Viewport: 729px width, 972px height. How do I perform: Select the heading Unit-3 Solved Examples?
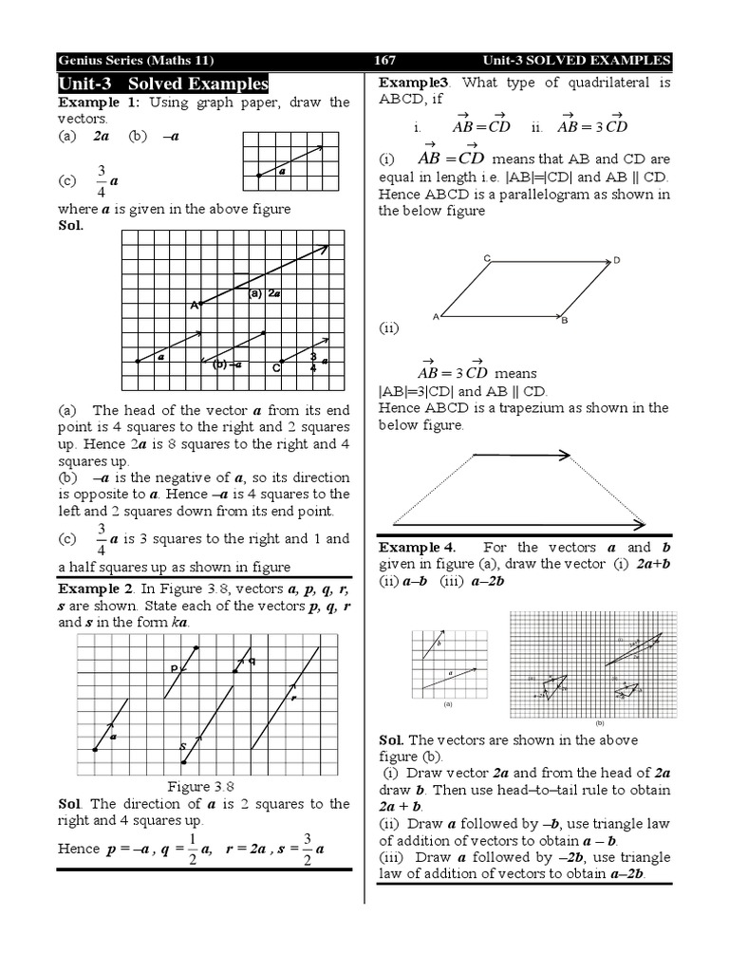[163, 84]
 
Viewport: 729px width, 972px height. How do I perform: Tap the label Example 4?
[417, 548]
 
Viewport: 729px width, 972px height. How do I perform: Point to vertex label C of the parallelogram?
[486, 258]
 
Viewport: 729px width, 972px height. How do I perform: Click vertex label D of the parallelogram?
[617, 260]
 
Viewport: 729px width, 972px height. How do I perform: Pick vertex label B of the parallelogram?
[564, 321]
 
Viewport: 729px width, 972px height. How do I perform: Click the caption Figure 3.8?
[200, 786]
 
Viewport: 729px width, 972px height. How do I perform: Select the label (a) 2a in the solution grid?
[265, 294]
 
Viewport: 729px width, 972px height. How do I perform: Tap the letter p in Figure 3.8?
[175, 668]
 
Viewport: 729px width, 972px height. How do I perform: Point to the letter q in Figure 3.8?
[252, 662]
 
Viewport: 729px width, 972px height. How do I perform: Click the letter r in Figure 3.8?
[294, 698]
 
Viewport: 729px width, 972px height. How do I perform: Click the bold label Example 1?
[100, 103]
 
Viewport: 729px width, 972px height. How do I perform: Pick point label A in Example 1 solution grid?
[193, 305]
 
